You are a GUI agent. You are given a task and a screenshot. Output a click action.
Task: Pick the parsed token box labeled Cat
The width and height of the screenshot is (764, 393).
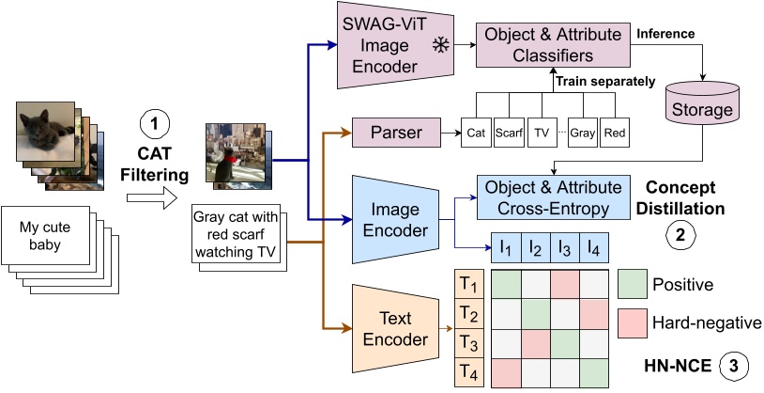tap(476, 133)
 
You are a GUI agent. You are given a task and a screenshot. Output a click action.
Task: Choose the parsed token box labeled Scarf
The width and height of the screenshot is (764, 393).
tap(509, 133)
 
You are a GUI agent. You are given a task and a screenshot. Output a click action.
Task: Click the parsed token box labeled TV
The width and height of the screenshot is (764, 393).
tap(542, 133)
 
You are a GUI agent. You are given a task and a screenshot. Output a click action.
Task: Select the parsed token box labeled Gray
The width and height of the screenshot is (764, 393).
tap(582, 133)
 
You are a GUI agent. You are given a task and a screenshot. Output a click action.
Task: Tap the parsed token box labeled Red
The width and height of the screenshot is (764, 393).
tap(615, 133)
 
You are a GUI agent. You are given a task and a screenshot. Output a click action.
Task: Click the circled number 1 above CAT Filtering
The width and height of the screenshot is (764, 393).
tap(153, 121)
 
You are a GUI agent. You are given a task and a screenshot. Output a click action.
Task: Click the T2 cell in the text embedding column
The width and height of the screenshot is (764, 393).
tap(469, 312)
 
